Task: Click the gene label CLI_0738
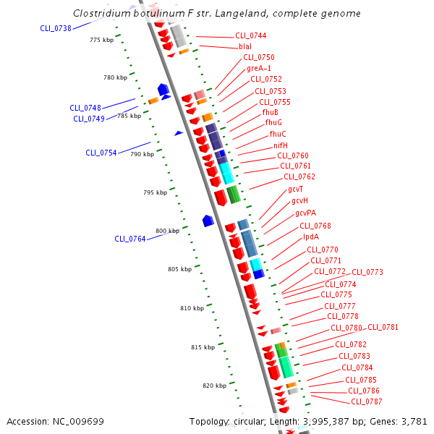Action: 56,28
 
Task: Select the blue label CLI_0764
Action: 130,239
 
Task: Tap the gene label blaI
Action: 245,46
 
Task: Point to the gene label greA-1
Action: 259,68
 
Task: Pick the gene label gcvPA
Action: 305,213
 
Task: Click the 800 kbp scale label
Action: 167,231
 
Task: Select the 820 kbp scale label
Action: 215,386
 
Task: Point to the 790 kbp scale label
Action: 142,154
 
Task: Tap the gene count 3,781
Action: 414,421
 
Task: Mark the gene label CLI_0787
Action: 366,401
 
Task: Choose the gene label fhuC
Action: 278,134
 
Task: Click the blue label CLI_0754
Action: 101,153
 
